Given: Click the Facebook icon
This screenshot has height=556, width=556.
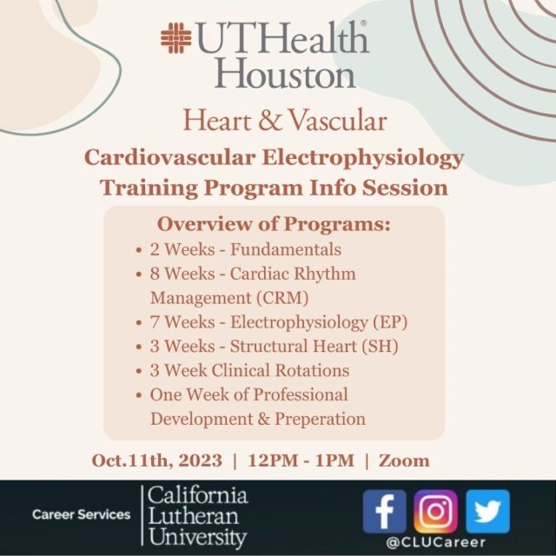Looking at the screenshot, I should pos(385,512).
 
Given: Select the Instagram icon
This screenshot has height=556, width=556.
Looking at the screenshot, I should pos(435,512).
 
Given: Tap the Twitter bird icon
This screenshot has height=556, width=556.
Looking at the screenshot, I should pos(487,512).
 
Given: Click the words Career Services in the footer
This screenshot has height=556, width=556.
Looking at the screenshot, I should pos(81,514).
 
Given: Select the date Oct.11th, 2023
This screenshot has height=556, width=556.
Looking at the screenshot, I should pos(155,460).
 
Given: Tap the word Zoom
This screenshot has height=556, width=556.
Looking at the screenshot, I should pos(403,460).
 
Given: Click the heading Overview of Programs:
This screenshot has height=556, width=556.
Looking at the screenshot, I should pos(273,224).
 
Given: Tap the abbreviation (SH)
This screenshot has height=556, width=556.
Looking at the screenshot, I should pos(375,347).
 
